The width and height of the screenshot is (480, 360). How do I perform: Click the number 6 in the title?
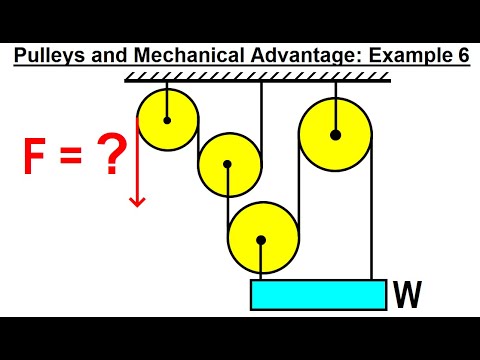461,56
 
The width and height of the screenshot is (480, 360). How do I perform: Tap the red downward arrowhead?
137,201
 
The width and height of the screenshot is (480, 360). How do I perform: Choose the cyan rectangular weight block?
318,295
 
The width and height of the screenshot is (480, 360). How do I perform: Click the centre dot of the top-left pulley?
167,120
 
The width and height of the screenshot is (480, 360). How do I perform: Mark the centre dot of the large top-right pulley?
335,134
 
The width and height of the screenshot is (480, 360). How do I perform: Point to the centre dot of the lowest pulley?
262,240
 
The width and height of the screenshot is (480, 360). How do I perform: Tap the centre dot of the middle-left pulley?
229,165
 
